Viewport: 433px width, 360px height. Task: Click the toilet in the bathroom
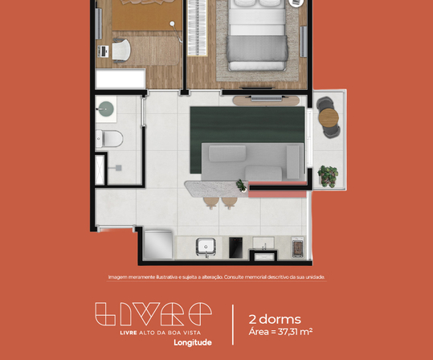109,138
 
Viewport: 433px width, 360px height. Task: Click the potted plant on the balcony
327,175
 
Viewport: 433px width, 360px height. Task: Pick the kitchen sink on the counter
205,247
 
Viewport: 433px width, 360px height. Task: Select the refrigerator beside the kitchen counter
159,244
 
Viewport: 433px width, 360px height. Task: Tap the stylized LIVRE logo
153,313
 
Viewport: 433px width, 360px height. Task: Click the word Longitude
193,342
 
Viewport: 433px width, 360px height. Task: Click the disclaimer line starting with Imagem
216,277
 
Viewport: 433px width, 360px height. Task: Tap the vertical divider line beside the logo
232,324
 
